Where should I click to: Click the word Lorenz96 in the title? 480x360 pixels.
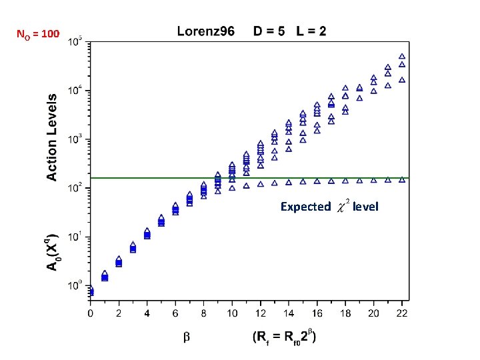(205, 31)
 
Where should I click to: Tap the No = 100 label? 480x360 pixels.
(38, 33)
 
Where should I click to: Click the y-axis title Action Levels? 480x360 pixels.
(51, 137)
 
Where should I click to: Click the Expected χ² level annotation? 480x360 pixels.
(329, 207)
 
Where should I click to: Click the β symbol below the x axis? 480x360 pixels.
(187, 338)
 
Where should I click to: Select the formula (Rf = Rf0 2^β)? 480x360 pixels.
(284, 337)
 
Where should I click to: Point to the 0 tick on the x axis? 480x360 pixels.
(91, 313)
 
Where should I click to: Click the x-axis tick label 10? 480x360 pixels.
(232, 313)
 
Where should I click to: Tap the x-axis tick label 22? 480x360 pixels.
(401, 313)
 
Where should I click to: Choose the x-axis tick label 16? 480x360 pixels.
(317, 313)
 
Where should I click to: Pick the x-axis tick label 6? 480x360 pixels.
(175, 313)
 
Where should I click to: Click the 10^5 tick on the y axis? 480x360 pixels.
(75, 40)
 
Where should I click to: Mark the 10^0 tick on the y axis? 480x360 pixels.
(75, 285)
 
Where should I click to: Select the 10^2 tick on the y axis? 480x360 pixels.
(75, 187)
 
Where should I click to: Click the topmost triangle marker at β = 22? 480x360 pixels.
(402, 57)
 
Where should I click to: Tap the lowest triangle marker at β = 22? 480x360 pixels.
(402, 179)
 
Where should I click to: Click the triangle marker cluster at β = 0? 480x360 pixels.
(91, 291)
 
